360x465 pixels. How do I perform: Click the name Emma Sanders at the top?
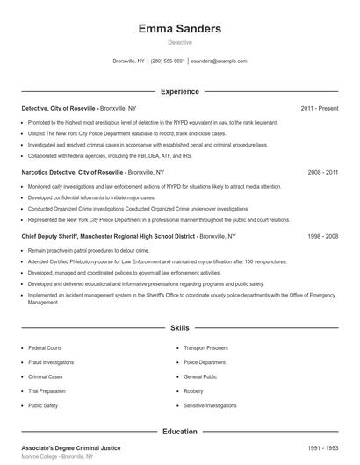(x=179, y=29)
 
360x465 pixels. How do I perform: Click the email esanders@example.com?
(x=219, y=61)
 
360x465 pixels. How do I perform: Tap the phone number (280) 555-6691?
(x=168, y=61)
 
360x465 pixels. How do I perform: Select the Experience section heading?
(x=179, y=91)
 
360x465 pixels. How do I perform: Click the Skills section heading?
(x=179, y=328)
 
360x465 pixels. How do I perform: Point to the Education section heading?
(x=179, y=432)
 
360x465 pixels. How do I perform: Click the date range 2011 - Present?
(x=319, y=108)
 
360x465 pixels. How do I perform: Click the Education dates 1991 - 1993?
(x=323, y=448)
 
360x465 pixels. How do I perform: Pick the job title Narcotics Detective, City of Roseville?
(x=74, y=173)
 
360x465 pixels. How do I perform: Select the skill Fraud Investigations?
(x=51, y=362)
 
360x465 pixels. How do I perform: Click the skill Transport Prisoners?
(x=206, y=348)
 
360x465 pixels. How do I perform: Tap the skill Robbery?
(x=193, y=391)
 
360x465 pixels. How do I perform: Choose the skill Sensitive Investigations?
(x=210, y=406)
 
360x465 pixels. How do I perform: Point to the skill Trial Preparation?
(x=47, y=391)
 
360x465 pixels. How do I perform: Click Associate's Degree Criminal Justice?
(x=71, y=448)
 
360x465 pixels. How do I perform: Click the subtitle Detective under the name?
(x=179, y=42)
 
